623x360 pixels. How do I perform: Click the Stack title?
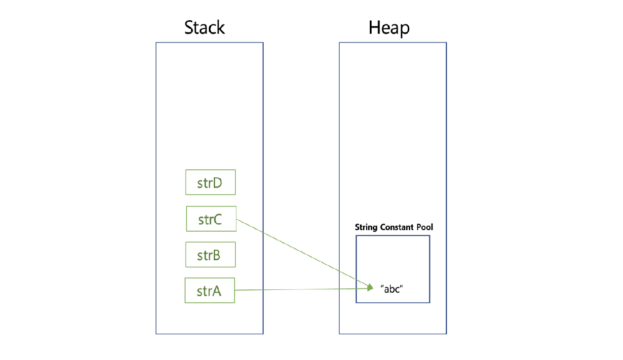click(204, 27)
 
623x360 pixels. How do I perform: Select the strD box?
click(210, 183)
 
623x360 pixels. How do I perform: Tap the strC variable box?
click(211, 219)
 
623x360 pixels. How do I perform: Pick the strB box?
click(210, 255)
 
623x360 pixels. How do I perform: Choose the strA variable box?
click(209, 290)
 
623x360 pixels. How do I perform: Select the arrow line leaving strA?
click(301, 289)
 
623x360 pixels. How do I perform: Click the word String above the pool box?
click(365, 227)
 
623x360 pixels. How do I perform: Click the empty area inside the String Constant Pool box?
click(392, 257)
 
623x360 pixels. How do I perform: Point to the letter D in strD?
click(217, 183)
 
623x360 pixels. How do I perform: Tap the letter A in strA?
click(217, 291)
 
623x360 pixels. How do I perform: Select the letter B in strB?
click(216, 255)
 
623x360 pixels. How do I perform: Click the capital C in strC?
click(217, 219)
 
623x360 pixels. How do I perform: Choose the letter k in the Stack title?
click(221, 27)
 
